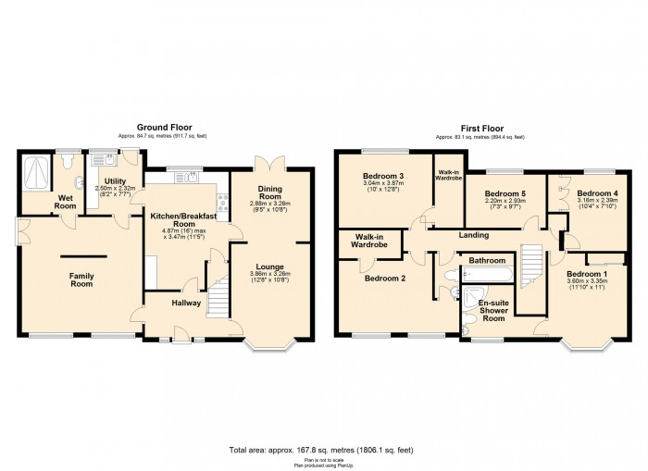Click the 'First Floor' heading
(x=480, y=129)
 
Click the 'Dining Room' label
(x=273, y=192)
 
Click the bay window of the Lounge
(x=269, y=348)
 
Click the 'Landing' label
(x=472, y=235)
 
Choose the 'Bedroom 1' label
(x=587, y=276)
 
